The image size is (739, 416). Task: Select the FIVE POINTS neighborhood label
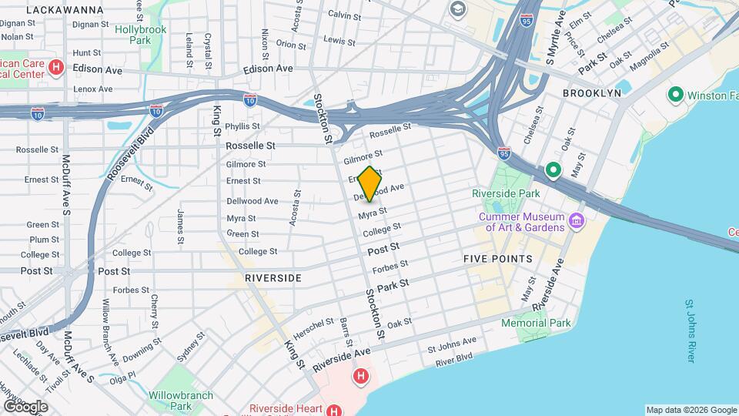tap(498, 259)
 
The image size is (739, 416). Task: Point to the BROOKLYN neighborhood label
tap(591, 92)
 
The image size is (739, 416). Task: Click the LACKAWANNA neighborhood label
tap(65, 10)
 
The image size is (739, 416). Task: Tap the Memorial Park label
tap(536, 323)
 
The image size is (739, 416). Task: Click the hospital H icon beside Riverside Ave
tap(359, 377)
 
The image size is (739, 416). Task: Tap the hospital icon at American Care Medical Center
tap(55, 68)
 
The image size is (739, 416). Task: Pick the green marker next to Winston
tap(676, 96)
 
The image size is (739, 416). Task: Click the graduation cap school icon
tap(459, 9)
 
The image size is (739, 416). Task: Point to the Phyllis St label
tap(242, 126)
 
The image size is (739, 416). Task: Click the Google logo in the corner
tap(25, 406)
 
